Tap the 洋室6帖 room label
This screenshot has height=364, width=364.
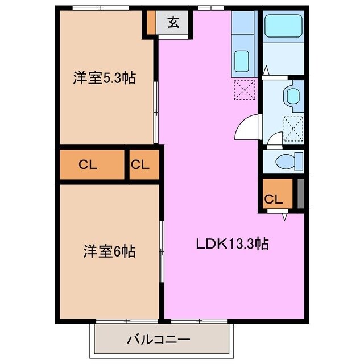pyautogui.click(x=110, y=251)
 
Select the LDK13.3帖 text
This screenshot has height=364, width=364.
pyautogui.click(x=232, y=245)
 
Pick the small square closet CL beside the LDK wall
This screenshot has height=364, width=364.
pyautogui.click(x=140, y=165)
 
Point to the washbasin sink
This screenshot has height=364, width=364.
pyautogui.click(x=293, y=94)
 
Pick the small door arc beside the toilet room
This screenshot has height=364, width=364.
pyautogui.click(x=274, y=139)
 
